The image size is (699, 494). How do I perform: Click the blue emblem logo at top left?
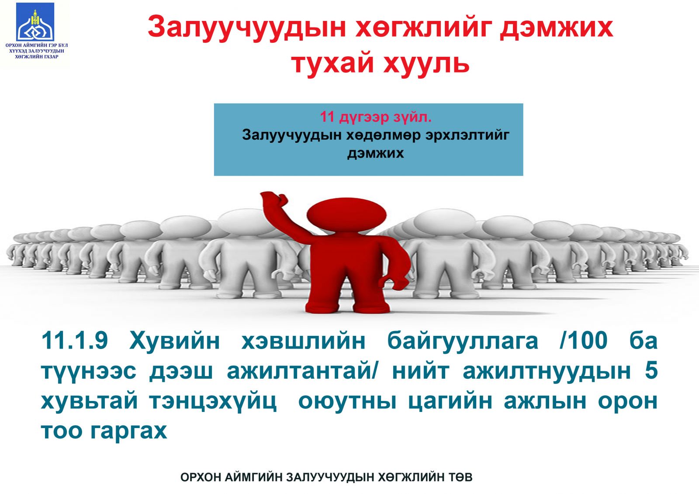click(35, 22)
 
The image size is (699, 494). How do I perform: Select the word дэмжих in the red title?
click(557, 28)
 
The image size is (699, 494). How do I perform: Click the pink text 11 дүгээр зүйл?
click(376, 117)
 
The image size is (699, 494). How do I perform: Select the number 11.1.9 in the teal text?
click(75, 340)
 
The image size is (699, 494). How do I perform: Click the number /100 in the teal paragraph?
click(584, 340)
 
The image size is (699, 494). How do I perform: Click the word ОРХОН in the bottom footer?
click(200, 477)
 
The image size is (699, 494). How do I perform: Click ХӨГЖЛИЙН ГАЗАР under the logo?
click(37, 56)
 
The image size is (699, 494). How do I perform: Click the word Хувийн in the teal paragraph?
click(175, 340)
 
